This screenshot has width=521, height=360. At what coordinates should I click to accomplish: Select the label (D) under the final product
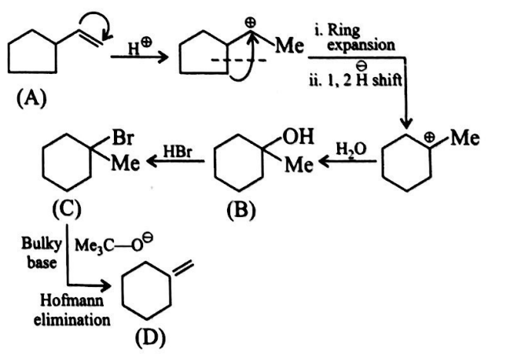(x=149, y=339)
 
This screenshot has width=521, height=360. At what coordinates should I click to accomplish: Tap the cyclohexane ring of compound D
(x=149, y=295)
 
